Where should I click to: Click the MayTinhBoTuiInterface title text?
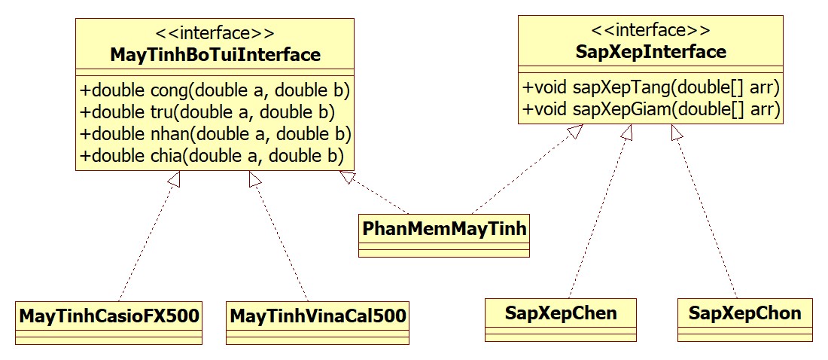215,55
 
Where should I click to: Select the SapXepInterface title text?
650,52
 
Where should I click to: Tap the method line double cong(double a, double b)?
216,91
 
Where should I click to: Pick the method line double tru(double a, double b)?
208,113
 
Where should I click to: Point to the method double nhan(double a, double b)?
216,134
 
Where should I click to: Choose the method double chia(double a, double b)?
212,156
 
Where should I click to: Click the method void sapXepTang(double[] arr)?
650,87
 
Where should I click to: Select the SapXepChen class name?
562,313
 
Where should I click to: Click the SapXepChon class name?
745,313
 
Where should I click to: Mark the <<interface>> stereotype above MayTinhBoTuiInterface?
215,34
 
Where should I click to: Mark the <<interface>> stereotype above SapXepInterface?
650,31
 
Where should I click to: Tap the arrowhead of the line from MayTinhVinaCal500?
255,178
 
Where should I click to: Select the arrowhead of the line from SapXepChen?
626,133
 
